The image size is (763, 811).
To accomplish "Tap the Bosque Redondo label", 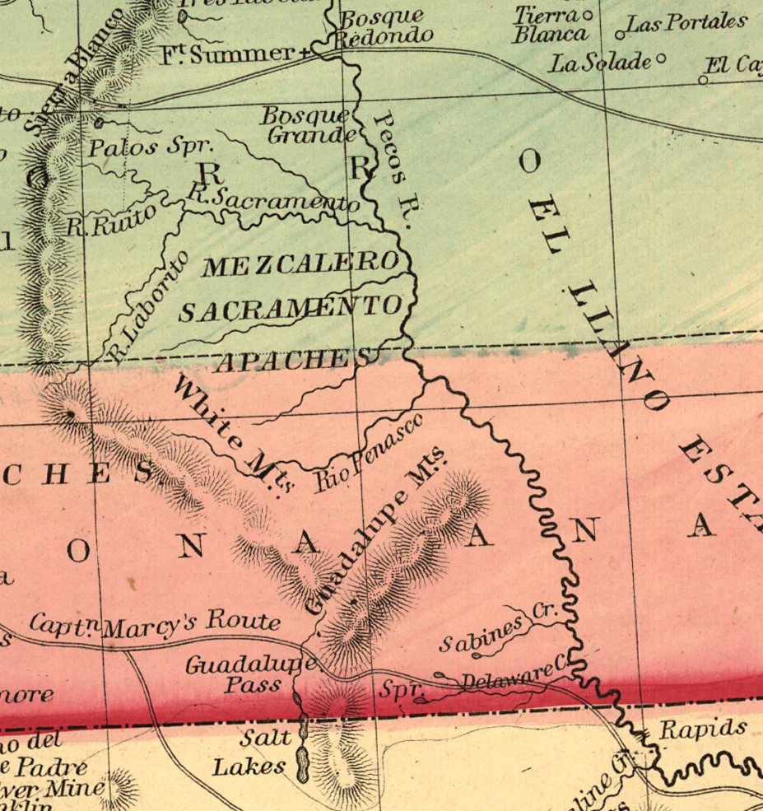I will click(x=384, y=26).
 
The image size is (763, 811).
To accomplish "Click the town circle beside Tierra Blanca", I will click(x=588, y=16).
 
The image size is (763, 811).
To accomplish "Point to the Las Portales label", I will click(x=687, y=22).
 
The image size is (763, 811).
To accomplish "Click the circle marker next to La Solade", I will click(x=660, y=60).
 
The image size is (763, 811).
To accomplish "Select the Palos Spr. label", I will click(x=151, y=148).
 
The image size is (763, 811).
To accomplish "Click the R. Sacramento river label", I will click(x=272, y=198).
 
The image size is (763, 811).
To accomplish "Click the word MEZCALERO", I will click(x=300, y=264).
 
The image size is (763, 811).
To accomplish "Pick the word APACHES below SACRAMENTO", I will click(x=292, y=361).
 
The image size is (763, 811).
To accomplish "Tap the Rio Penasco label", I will click(x=368, y=452).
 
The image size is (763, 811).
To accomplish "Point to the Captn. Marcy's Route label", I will click(x=155, y=622).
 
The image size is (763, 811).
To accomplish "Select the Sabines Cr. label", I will click(x=497, y=630).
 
